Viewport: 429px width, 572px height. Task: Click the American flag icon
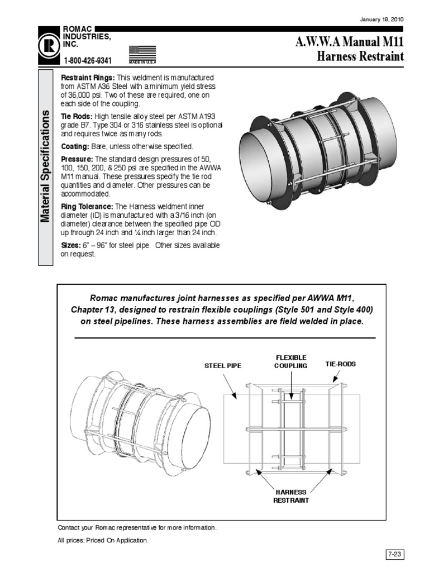[142, 53]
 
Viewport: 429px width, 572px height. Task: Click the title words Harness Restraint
[359, 56]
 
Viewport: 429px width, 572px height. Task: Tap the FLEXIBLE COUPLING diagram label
[290, 361]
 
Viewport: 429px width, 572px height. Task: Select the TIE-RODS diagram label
[340, 364]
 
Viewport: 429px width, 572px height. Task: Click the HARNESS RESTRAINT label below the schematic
[290, 496]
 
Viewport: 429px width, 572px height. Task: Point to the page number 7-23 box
[394, 554]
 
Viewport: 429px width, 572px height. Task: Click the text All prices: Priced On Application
[103, 541]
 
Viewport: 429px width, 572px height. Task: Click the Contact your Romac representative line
[137, 527]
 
